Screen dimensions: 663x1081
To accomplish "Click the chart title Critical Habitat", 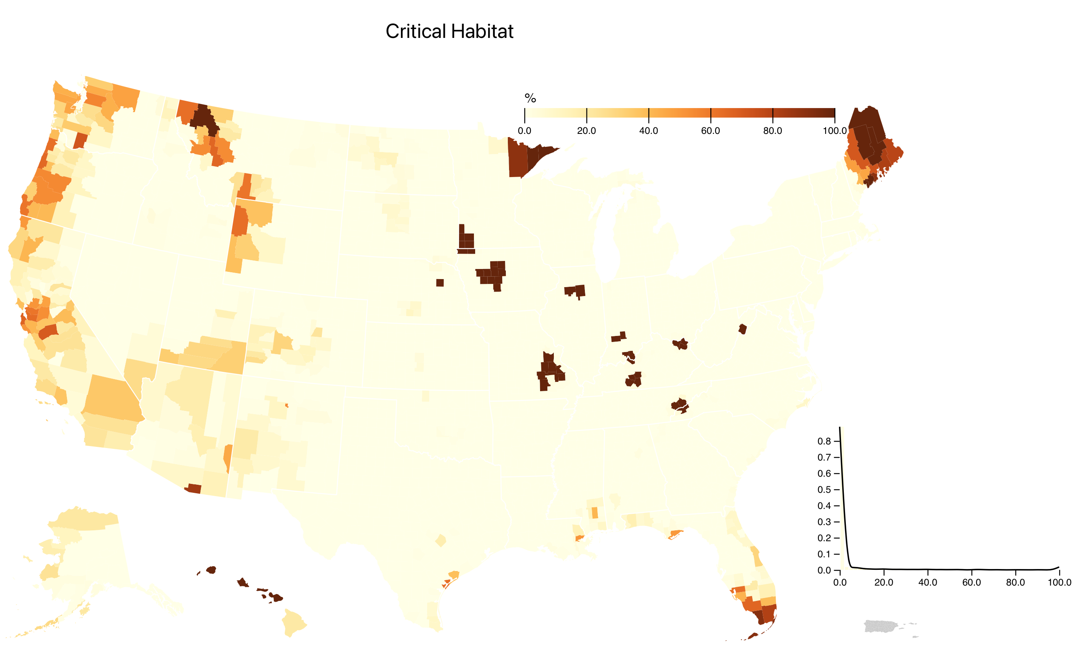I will pos(449,31).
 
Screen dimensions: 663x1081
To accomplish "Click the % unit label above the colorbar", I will pos(530,98).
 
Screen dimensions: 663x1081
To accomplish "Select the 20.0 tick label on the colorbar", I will pos(586,131).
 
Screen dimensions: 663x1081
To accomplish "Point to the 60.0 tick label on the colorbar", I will pos(710,131).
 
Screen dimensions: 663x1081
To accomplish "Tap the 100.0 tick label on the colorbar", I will pos(835,131).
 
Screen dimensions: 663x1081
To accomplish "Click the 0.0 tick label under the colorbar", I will pos(524,131).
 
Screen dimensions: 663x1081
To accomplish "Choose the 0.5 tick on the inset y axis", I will pos(824,490).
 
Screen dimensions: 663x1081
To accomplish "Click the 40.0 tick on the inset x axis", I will pos(927,582).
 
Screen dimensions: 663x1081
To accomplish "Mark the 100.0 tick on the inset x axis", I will pos(1059,582).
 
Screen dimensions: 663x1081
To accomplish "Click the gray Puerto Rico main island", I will pos(879,626).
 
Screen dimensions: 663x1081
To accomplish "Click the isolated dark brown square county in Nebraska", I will pos(440,283).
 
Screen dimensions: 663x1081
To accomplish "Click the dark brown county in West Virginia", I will pos(742,329).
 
